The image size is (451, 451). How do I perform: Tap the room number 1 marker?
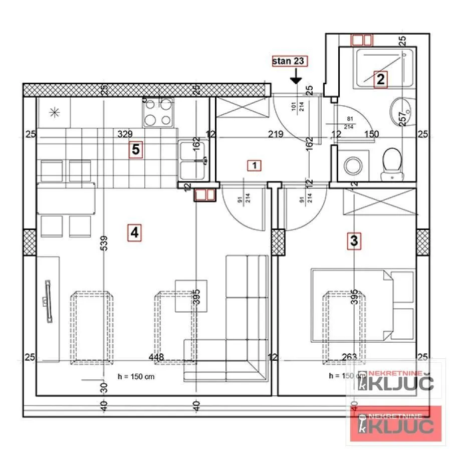coord(255,165)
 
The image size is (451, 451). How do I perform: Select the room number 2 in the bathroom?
coord(380,79)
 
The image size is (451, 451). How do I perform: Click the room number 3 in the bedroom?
coord(354,241)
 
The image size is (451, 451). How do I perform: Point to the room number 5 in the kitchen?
coord(135,149)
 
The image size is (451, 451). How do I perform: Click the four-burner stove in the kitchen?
coord(158,112)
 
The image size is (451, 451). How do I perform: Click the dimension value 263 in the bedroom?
coord(349,357)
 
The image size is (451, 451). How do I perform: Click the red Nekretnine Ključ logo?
coord(396,423)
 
